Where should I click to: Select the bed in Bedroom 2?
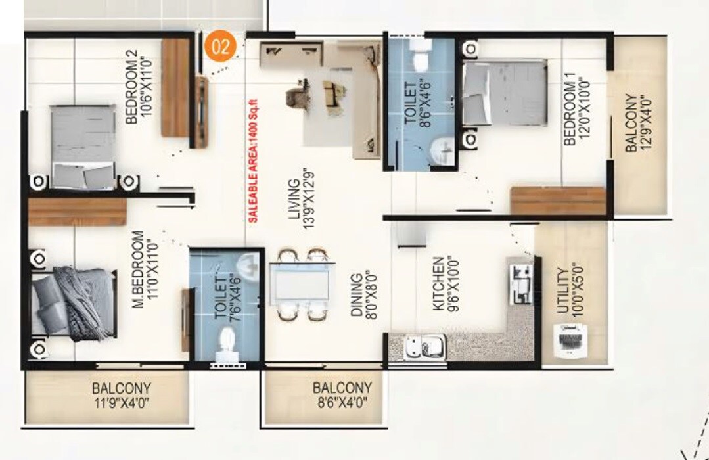coord(82,145)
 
